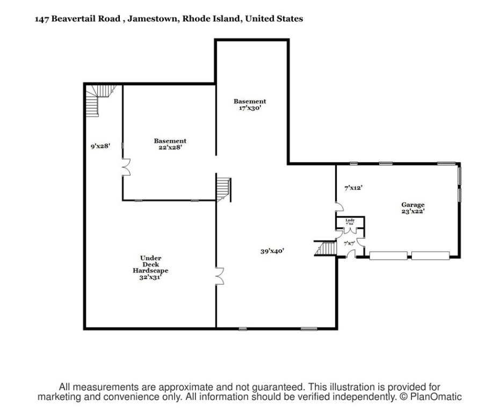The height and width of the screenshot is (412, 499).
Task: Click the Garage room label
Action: tap(413, 204)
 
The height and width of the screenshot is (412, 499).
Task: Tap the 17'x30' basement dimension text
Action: tap(250, 108)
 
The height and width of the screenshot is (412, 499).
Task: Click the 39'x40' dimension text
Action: tap(272, 251)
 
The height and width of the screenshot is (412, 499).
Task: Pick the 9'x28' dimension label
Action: tap(100, 145)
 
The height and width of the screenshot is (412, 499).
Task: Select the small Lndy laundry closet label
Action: tap(350, 220)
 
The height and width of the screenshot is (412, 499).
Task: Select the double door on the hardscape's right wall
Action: tap(220, 276)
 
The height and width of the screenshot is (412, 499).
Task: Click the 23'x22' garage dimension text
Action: tap(413, 211)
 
